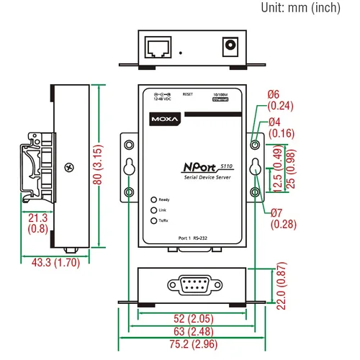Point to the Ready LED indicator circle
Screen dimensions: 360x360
153,199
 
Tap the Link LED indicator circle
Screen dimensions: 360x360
153,210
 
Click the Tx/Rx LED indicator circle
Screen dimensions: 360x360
153,221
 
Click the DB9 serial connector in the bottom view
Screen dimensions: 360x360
192,283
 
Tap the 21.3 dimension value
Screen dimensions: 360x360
38,217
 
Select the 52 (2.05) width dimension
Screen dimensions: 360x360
192,318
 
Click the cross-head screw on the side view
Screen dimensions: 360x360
69,168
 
